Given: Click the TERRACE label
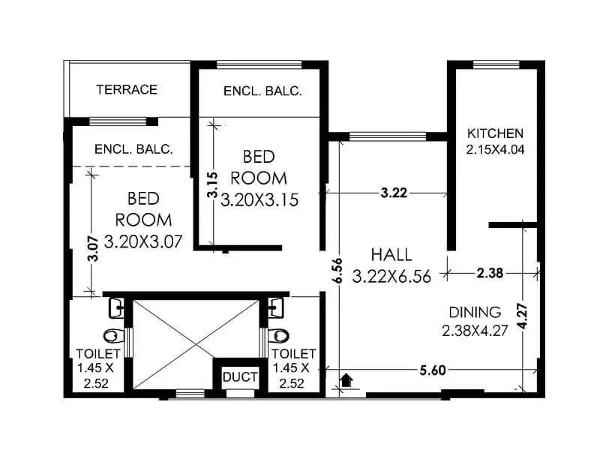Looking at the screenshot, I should [127, 89].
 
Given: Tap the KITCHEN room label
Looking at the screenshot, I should [495, 133].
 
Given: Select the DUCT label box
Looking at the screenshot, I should [240, 376].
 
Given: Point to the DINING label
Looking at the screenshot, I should [475, 312].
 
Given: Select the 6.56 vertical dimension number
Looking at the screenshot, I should [338, 271].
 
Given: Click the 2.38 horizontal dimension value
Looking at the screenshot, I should [490, 273].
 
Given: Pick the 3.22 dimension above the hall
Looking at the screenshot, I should [394, 193].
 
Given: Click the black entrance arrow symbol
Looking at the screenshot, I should [346, 380].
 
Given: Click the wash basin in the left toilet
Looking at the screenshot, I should [116, 307].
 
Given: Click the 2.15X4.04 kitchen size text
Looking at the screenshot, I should [495, 149].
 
